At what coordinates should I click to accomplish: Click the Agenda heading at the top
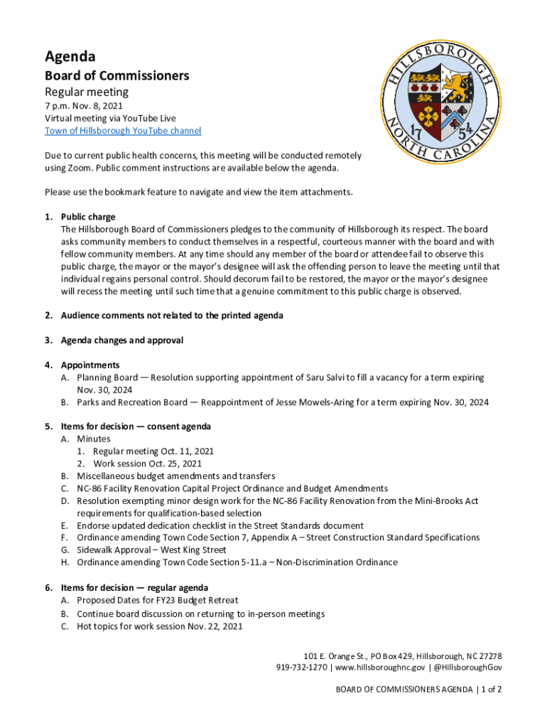70,56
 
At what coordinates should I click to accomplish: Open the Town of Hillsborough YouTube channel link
123,131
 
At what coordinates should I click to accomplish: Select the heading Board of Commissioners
117,75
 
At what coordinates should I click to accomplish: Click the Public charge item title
88,217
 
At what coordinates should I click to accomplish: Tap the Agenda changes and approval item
122,341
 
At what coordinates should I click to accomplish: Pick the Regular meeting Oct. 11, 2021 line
153,451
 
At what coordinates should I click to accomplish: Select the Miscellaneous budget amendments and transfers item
176,476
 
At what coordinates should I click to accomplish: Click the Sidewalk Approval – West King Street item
151,550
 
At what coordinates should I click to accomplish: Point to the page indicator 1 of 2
490,690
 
